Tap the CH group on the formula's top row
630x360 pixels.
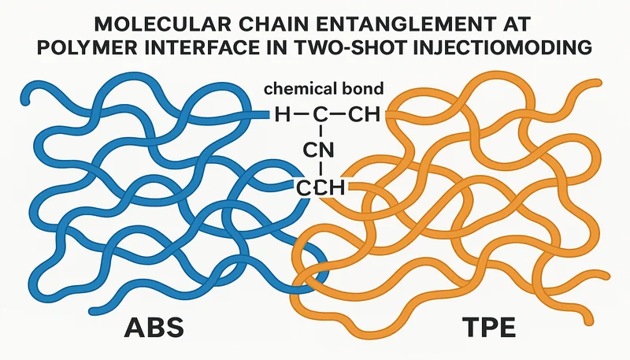click(x=363, y=117)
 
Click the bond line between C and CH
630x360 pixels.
click(x=335, y=117)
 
